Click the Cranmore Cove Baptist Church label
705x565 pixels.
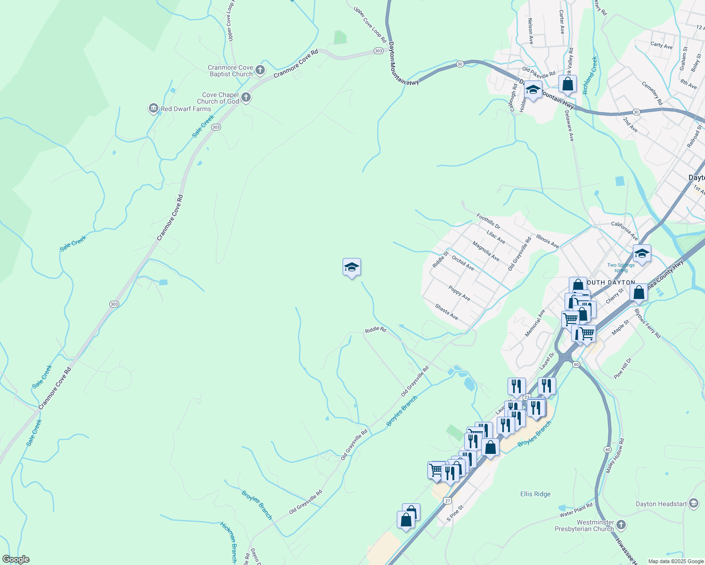pyautogui.click(x=230, y=71)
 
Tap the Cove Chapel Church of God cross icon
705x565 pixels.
pyautogui.click(x=246, y=97)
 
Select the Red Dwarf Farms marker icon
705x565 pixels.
pyautogui.click(x=153, y=109)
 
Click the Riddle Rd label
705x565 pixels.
pyautogui.click(x=375, y=330)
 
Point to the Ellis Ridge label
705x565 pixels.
pyautogui.click(x=535, y=494)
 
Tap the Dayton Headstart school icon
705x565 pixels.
pyautogui.click(x=693, y=504)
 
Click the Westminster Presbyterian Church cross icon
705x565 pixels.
pyautogui.click(x=621, y=525)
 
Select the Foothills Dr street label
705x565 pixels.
pyautogui.click(x=488, y=221)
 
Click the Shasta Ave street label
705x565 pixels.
pyautogui.click(x=446, y=311)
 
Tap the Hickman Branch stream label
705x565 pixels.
pyautogui.click(x=229, y=541)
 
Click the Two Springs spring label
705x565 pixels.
pyautogui.click(x=621, y=267)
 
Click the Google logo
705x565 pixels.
pyautogui.click(x=16, y=559)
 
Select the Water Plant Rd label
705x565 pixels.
pyautogui.click(x=576, y=510)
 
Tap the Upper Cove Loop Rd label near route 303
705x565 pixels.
pyautogui.click(x=370, y=24)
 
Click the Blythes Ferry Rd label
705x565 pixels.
pyautogui.click(x=648, y=323)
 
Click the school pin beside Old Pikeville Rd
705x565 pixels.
pyautogui.click(x=533, y=90)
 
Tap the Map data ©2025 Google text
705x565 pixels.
pyautogui.click(x=675, y=561)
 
